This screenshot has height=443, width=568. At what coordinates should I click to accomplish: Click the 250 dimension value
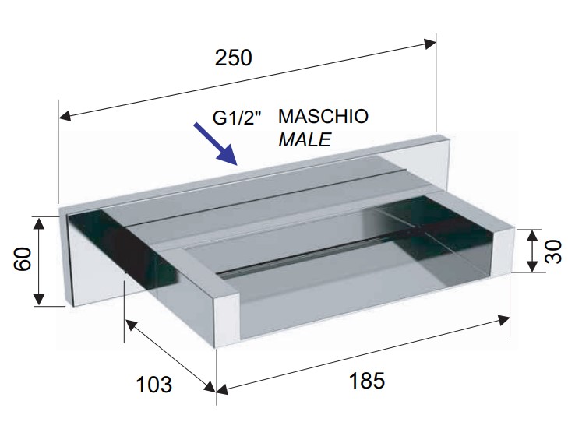point(233,58)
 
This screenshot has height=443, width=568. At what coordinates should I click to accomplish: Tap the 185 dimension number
point(367,381)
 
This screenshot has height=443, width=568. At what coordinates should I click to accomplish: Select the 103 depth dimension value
point(154,385)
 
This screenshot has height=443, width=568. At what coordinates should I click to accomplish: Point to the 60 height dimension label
point(23,258)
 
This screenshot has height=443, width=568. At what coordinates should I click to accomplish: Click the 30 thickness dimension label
point(552,252)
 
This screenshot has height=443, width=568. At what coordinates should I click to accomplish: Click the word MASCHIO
point(323,116)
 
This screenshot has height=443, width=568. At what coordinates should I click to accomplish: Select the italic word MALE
point(305,139)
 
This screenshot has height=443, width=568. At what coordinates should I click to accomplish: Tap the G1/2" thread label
point(237,118)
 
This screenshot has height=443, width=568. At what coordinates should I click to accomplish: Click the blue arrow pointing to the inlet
point(215,144)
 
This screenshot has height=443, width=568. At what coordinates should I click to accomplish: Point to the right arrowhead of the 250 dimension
point(430,44)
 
